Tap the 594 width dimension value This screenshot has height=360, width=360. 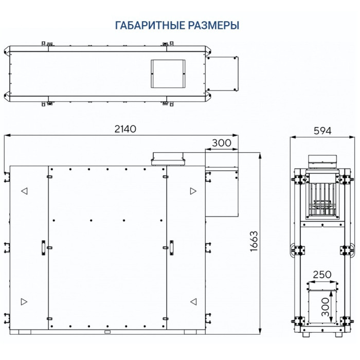(x=322, y=130)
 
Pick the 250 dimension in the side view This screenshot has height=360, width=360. (x=322, y=275)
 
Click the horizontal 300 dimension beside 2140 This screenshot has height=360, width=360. (x=221, y=143)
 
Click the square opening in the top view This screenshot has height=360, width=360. (x=167, y=73)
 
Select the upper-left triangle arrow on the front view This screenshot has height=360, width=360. (x=24, y=191)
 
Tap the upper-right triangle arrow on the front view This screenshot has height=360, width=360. (x=193, y=191)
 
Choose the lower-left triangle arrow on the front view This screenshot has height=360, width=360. (x=24, y=301)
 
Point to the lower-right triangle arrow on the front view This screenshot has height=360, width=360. (x=193, y=301)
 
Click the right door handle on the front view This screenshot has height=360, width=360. (x=173, y=247)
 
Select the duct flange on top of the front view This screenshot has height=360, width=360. (x=167, y=159)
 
